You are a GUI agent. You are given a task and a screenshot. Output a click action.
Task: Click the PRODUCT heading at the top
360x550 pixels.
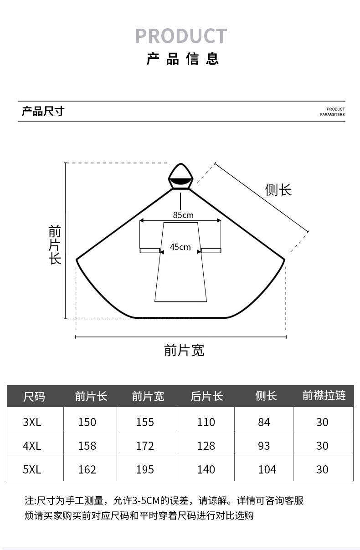tap(181, 36)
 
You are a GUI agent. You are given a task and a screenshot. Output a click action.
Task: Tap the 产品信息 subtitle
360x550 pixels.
tap(183, 59)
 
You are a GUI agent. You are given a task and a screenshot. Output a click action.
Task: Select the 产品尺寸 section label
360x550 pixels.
tap(43, 111)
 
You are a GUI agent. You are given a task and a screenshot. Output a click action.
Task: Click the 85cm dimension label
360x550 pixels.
tap(183, 215)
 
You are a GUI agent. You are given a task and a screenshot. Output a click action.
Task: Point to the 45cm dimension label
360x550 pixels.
tap(180, 247)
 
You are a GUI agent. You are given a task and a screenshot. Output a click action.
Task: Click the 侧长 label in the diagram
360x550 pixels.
tap(278, 190)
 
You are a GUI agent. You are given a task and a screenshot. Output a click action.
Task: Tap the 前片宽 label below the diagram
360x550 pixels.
tap(184, 350)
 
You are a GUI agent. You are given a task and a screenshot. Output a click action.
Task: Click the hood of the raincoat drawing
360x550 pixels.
tap(181, 177)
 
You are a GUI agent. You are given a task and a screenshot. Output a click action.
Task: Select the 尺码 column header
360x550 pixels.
tap(34, 397)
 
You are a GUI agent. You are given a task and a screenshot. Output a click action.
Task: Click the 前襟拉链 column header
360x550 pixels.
tap(324, 396)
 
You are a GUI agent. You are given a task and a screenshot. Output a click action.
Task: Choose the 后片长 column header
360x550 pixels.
tap(207, 396)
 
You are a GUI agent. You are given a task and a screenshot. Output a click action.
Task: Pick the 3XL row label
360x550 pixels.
tap(32, 422)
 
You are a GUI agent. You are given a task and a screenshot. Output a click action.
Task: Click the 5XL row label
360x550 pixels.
tap(32, 469)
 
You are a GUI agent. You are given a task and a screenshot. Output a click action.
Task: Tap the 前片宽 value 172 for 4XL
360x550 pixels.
tap(145, 446)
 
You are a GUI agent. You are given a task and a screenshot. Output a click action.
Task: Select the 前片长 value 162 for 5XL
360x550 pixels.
tap(87, 469)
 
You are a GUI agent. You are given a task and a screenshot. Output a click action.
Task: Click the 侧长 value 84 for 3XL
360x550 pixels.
tap(264, 422)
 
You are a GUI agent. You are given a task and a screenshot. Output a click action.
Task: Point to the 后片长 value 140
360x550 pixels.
tap(206, 469)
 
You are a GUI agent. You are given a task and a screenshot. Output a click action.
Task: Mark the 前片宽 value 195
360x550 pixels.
tap(145, 469)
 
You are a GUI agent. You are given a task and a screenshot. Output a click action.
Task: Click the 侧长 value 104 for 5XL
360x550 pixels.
tap(267, 469)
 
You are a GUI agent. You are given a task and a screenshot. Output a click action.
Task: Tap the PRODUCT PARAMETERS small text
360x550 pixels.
tap(332, 112)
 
